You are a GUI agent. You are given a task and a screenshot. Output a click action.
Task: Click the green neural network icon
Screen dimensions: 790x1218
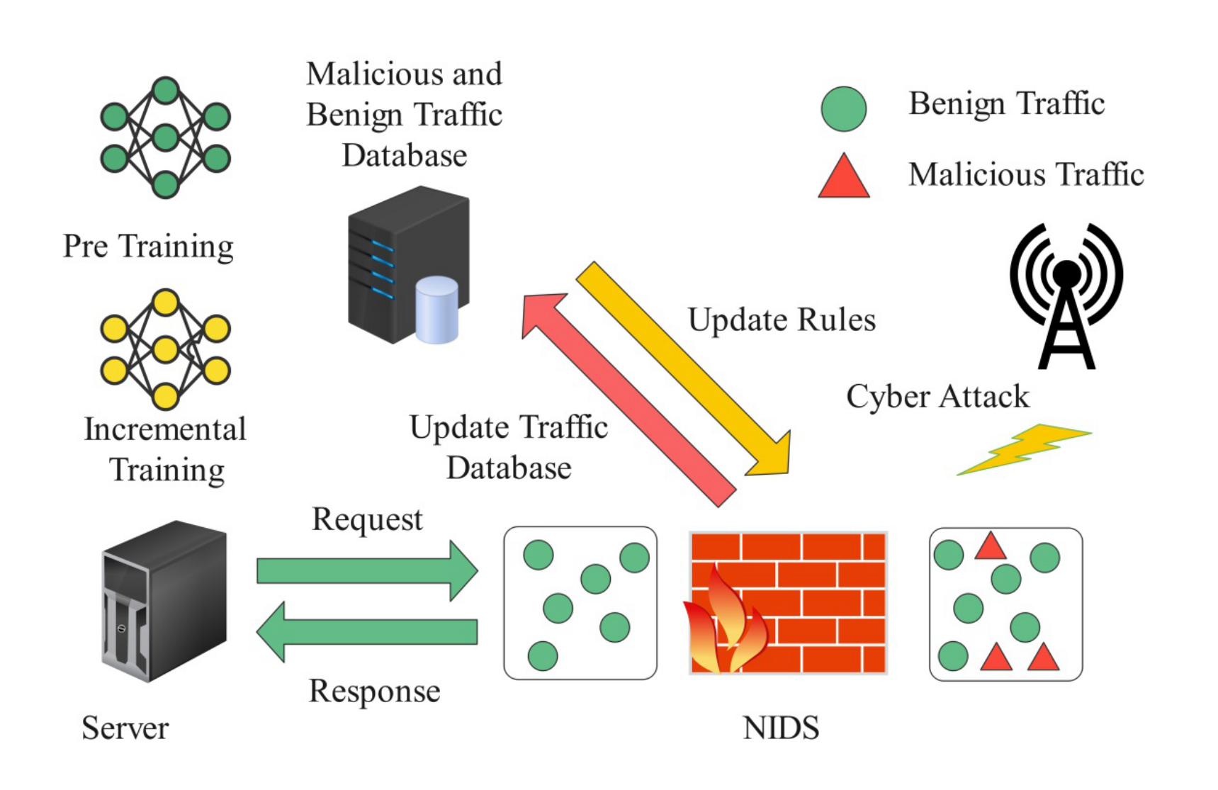pyautogui.click(x=165, y=137)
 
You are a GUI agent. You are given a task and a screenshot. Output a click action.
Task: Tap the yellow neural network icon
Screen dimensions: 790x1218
pyautogui.click(x=165, y=349)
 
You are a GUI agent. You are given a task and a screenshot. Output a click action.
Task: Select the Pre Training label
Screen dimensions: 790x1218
pyautogui.click(x=148, y=247)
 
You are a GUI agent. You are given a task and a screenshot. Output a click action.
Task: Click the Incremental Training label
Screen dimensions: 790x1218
pyautogui.click(x=166, y=449)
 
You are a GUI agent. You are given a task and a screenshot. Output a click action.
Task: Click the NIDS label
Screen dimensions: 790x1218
pyautogui.click(x=781, y=728)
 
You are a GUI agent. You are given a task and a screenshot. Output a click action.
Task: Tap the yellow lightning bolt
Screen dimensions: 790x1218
pyautogui.click(x=1024, y=449)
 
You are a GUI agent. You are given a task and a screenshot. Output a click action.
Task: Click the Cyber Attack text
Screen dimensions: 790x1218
pyautogui.click(x=937, y=397)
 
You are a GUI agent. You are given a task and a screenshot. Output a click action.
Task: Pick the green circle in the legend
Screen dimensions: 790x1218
pyautogui.click(x=843, y=109)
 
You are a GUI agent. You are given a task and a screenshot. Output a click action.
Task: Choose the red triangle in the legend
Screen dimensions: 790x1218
pyautogui.click(x=843, y=178)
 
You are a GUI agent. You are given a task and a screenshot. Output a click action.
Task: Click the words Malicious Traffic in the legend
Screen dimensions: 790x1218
pyautogui.click(x=1026, y=174)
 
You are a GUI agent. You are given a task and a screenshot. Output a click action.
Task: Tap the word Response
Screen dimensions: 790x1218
pyautogui.click(x=374, y=691)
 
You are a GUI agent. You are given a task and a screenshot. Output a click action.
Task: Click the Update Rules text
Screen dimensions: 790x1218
pyautogui.click(x=782, y=320)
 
